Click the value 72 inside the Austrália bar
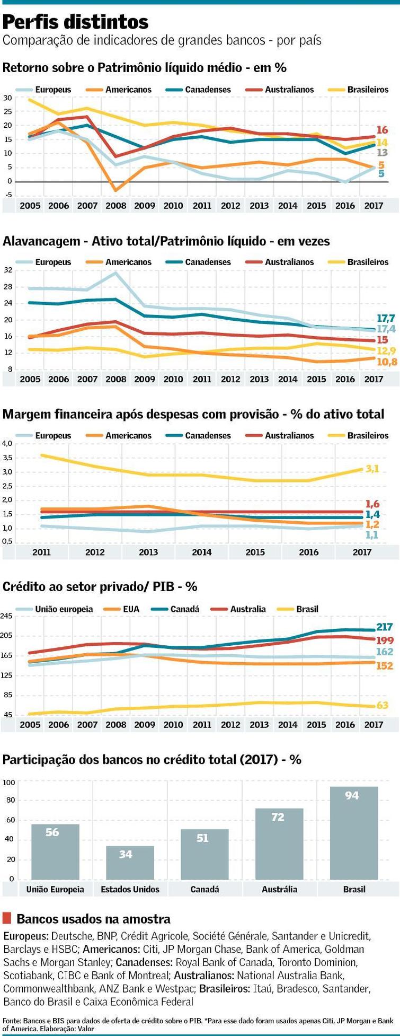pyautogui.click(x=278, y=817)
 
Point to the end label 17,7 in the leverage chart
pyautogui.click(x=386, y=318)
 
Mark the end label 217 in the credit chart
pyautogui.click(x=384, y=627)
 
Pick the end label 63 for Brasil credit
pyautogui.click(x=383, y=705)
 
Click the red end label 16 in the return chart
pyautogui.click(x=382, y=130)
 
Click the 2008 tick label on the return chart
pyautogui.click(x=116, y=206)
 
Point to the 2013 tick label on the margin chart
pyautogui.click(x=148, y=552)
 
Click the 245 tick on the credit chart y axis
pyautogui.click(x=6, y=616)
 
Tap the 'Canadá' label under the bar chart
pyautogui.click(x=205, y=889)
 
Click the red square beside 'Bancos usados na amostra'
pyautogui.click(x=7, y=918)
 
